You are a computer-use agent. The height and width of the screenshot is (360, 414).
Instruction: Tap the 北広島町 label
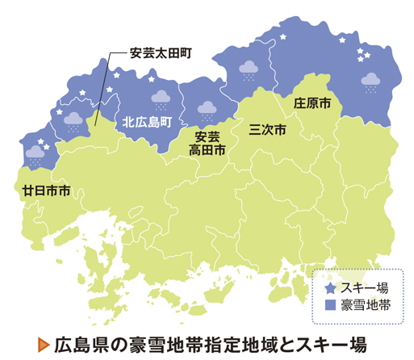[x=148, y=123]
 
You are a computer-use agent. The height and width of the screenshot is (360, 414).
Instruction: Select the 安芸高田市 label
[x=207, y=142]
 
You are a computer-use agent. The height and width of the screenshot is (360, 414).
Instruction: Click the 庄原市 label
[x=312, y=104]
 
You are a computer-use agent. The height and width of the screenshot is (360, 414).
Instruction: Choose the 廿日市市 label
[x=46, y=191]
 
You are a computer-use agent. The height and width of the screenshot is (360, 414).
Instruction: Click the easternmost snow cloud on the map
[x=371, y=81]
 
